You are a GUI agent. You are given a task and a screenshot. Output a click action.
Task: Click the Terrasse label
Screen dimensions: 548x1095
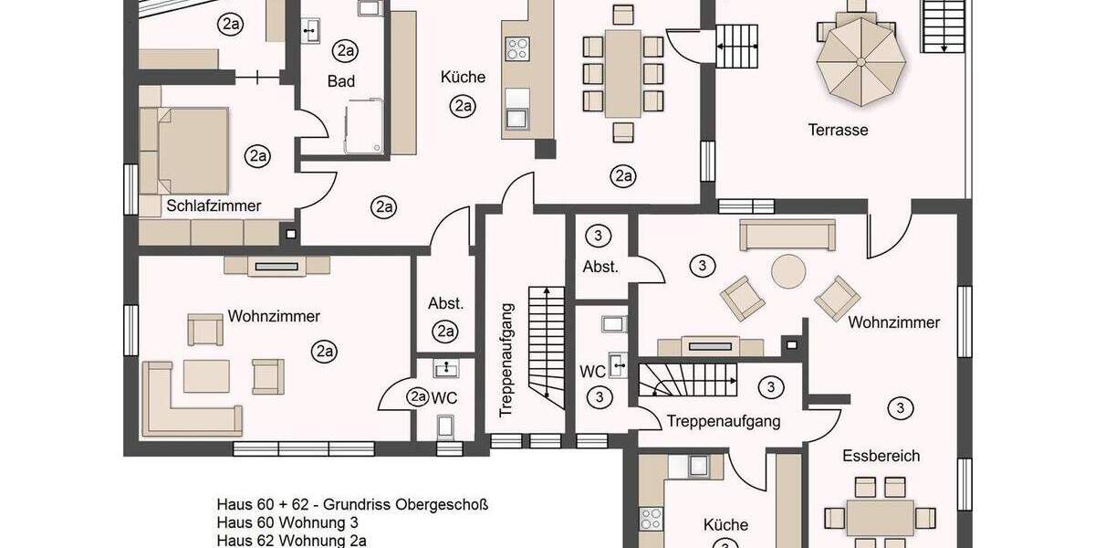pos(838,130)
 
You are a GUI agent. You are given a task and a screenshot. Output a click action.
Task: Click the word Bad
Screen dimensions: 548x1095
pos(341,81)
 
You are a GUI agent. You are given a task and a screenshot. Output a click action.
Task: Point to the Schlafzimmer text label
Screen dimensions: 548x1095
pos(214,205)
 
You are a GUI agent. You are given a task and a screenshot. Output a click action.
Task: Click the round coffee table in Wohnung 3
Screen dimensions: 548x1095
pos(789,271)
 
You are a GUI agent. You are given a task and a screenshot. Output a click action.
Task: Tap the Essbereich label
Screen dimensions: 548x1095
pos(881,456)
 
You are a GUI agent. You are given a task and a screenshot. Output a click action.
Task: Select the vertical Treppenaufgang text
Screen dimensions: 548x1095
pos(508,358)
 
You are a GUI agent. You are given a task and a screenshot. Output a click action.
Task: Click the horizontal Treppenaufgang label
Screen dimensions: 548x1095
pos(724,421)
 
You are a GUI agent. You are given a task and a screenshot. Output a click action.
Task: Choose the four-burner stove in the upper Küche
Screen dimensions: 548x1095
pos(517,47)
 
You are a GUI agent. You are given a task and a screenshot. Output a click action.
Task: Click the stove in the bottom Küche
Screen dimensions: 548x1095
pos(651,519)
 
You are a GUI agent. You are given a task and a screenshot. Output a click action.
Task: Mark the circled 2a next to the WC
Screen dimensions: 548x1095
pos(418,396)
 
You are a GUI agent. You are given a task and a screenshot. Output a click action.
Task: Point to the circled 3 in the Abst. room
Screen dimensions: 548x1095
pos(598,235)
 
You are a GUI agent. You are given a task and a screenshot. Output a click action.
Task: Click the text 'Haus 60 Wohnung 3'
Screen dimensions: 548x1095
pos(287,522)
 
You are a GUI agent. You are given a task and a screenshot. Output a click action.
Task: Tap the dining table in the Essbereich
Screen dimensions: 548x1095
pos(880,518)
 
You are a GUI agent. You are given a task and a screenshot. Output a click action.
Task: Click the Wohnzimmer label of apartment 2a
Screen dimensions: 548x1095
pos(274,316)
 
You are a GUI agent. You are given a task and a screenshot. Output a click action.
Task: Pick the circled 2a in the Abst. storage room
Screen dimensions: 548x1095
pos(445,332)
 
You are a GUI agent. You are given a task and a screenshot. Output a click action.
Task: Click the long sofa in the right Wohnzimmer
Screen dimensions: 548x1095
pos(787,235)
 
